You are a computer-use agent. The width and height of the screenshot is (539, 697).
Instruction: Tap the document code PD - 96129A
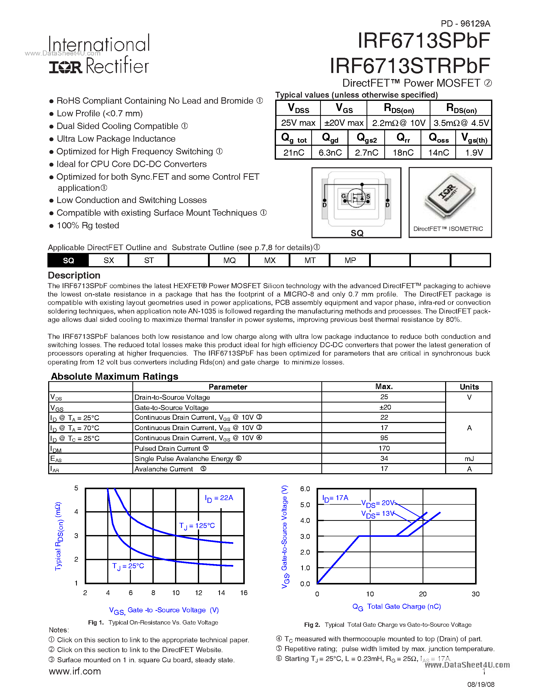coord(465,24)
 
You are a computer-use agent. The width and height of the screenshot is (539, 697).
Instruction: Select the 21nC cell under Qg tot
coord(293,153)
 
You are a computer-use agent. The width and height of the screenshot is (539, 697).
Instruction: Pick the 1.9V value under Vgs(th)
coord(474,153)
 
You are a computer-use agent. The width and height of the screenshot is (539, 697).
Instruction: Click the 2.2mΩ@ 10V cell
coord(398,123)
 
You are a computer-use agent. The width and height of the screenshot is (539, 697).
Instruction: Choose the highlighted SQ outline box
coord(68,260)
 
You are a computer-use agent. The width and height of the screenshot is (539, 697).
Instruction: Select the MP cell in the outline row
coord(350,260)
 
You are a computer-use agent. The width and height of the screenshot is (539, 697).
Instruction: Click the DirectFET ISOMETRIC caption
coord(448,229)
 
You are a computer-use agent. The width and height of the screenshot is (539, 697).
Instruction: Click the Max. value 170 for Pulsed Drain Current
coord(384,448)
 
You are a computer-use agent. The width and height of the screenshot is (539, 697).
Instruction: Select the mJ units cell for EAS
coord(469,458)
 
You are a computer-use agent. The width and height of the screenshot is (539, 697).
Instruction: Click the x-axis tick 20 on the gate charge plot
coord(423,594)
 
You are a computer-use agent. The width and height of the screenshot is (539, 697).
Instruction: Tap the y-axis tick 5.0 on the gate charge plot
coord(305,505)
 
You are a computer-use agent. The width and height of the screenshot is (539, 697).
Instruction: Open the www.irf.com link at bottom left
coord(75,671)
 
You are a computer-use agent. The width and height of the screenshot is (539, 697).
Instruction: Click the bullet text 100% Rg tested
coord(88,225)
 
